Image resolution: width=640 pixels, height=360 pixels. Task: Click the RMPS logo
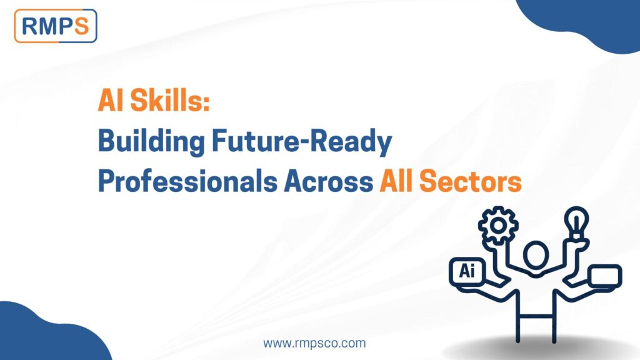[x=55, y=26]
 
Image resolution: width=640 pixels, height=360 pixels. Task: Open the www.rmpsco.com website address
[x=314, y=343]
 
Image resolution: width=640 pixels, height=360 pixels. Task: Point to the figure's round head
[x=536, y=256]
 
